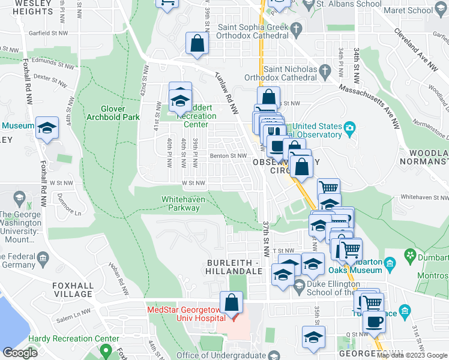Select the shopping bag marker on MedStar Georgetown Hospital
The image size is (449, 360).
231,304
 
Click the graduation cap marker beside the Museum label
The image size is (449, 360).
47,128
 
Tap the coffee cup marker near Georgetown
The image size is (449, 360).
374,322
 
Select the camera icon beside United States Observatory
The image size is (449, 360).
349,127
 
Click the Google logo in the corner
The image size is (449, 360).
20,352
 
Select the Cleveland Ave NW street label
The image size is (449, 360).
416,47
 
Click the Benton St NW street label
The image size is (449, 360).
228,156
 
